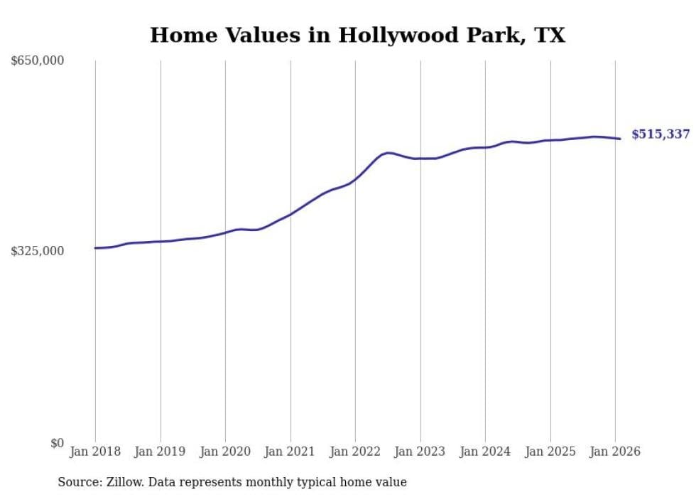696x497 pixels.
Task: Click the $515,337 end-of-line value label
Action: pyautogui.click(x=660, y=134)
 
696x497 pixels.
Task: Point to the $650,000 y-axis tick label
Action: pyautogui.click(x=38, y=61)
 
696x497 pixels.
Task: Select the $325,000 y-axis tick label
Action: pyautogui.click(x=38, y=251)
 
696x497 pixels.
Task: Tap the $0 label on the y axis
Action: pyautogui.click(x=57, y=443)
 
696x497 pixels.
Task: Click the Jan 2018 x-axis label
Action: pyautogui.click(x=95, y=451)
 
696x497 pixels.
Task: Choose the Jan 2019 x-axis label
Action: pyautogui.click(x=161, y=451)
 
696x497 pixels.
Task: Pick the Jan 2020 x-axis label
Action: pyautogui.click(x=225, y=451)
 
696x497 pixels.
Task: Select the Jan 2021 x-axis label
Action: pyautogui.click(x=290, y=451)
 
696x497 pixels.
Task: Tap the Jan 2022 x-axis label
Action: pyautogui.click(x=355, y=451)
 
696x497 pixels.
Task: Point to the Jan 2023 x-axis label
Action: pyautogui.click(x=420, y=451)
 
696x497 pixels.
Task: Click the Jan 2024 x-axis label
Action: pyautogui.click(x=485, y=451)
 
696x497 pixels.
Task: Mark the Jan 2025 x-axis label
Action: pyautogui.click(x=550, y=451)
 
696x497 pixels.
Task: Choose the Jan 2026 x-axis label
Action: pyautogui.click(x=615, y=451)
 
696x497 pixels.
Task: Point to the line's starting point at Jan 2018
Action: pyautogui.click(x=96, y=248)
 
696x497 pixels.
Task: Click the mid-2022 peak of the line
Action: pyautogui.click(x=388, y=152)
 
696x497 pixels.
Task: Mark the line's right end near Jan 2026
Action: pyautogui.click(x=620, y=139)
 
